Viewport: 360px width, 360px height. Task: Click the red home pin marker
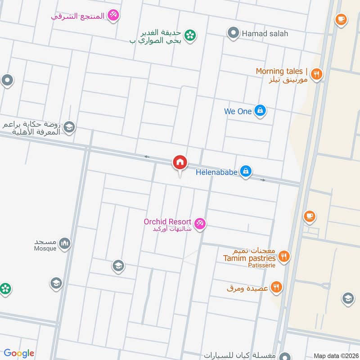point(180,163)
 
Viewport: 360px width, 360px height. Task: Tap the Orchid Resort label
point(168,222)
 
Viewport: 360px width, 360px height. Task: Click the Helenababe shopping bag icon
point(245,171)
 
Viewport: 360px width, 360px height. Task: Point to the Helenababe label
point(216,171)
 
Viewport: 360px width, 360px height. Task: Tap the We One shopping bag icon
point(260,110)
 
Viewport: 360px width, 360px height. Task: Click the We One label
point(238,111)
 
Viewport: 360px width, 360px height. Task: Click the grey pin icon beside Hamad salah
point(233,33)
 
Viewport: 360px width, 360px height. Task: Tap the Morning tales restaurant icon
point(317,74)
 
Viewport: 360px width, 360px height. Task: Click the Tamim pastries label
point(249,258)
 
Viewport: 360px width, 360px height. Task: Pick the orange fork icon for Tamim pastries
point(283,256)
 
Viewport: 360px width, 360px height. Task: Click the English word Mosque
point(45,248)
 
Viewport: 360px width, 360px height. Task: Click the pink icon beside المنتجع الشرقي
point(114,16)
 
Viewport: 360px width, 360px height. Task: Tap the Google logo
point(19,353)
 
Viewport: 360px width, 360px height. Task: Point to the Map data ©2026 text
point(335,356)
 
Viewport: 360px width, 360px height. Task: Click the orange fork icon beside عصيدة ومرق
point(277,287)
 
